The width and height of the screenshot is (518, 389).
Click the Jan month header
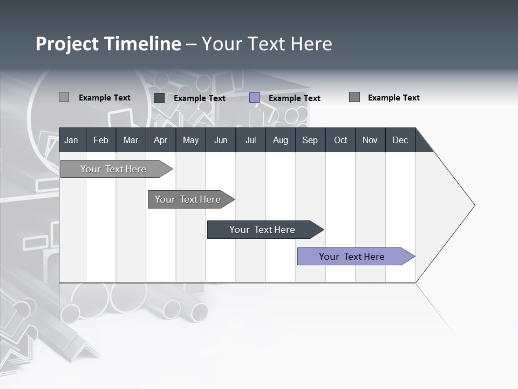71,140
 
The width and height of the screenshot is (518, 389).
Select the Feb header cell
101,140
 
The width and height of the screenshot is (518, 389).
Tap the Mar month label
131,140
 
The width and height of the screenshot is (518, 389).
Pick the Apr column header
161,140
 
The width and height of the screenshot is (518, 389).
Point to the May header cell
190,140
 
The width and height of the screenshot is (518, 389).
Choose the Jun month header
221,140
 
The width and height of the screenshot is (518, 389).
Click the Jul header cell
250,140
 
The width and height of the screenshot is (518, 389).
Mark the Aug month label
281,140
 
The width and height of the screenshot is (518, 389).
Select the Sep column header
310,140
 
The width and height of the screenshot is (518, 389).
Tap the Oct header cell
340,140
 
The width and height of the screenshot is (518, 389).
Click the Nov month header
370,140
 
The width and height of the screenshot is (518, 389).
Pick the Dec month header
400,140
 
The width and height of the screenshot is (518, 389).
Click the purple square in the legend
255,98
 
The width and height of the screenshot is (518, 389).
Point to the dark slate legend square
159,98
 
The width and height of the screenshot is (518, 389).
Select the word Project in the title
67,44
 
